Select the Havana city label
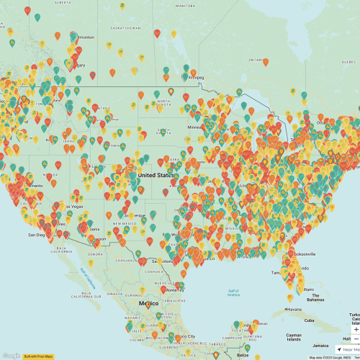click(x=292, y=310)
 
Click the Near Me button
click(x=348, y=349)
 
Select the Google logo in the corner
click(x=10, y=356)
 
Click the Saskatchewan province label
click(x=125, y=28)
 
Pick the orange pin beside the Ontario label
click(x=266, y=62)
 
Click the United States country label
click(x=156, y=175)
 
